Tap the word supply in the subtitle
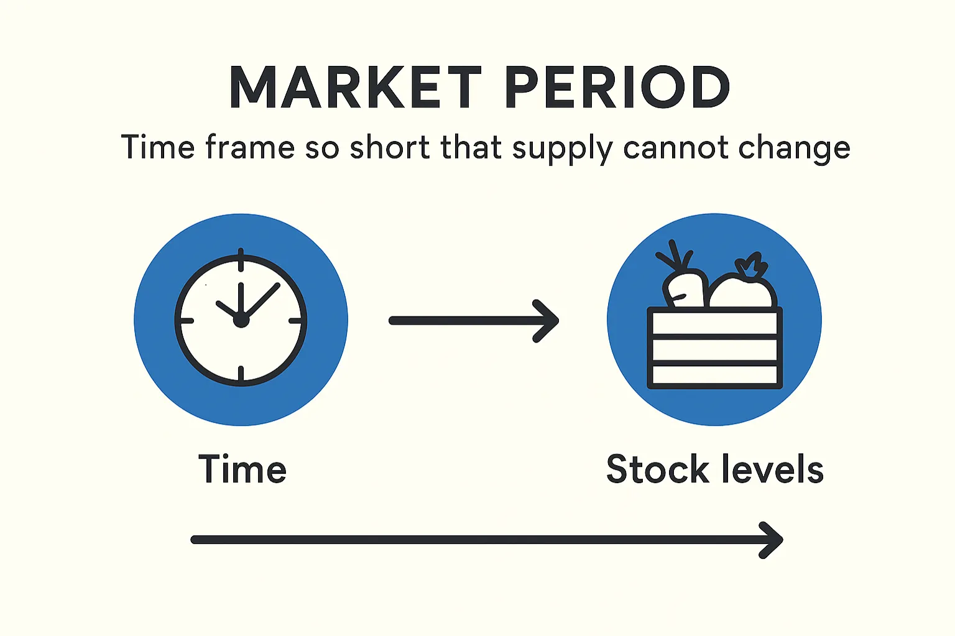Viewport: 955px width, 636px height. (563, 149)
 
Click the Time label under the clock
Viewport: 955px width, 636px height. (242, 469)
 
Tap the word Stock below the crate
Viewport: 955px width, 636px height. (657, 469)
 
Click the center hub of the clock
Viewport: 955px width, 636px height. (241, 320)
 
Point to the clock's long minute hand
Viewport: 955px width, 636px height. (262, 299)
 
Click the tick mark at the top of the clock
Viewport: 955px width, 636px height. (241, 260)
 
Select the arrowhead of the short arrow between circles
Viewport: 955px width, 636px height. (547, 321)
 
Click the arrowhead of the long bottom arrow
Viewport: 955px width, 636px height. (772, 540)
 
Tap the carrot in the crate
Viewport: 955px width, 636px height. (684, 287)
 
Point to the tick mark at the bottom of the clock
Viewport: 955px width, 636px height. (241, 373)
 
